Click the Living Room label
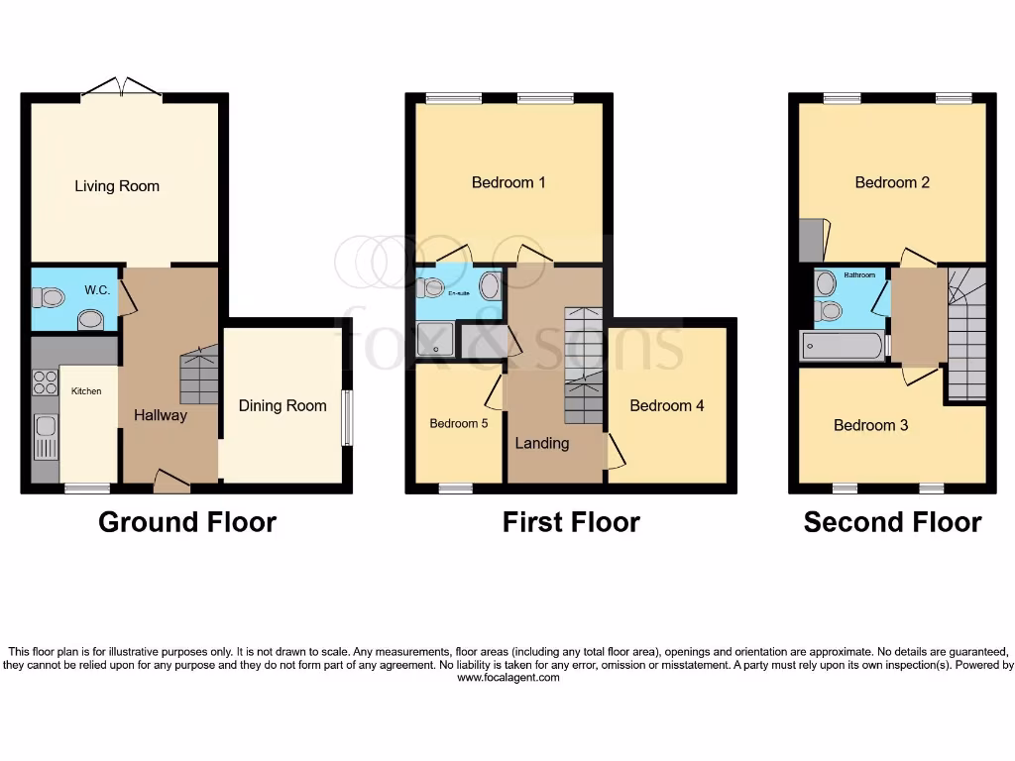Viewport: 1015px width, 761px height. pyautogui.click(x=117, y=186)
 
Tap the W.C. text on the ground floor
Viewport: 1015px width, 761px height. pyautogui.click(x=97, y=290)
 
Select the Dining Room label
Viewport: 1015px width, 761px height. pyautogui.click(x=282, y=405)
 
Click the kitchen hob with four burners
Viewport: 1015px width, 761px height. pyautogui.click(x=46, y=382)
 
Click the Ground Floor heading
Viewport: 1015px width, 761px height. pyautogui.click(x=186, y=522)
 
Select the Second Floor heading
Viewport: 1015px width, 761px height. pyautogui.click(x=892, y=522)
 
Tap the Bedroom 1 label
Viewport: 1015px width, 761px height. pyautogui.click(x=508, y=182)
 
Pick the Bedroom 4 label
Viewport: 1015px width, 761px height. pyautogui.click(x=667, y=405)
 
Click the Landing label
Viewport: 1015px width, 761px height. pyautogui.click(x=542, y=443)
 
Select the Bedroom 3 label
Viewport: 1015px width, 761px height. pyautogui.click(x=871, y=425)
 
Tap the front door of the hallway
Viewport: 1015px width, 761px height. pyautogui.click(x=172, y=482)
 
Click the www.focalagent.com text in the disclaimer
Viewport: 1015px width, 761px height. pyautogui.click(x=507, y=677)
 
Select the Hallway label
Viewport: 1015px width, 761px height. pyautogui.click(x=161, y=415)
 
